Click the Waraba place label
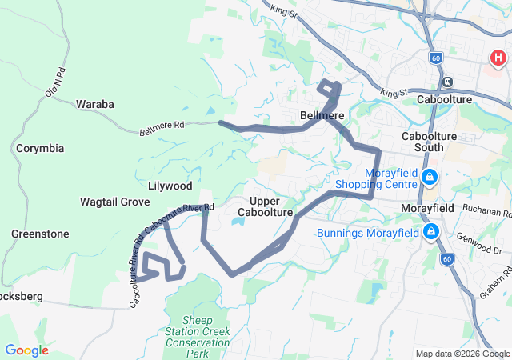tap(94, 104)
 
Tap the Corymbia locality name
tap(40, 149)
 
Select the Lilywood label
tap(170, 186)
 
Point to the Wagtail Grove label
tap(115, 202)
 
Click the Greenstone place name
tap(40, 234)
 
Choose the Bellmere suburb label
tap(322, 116)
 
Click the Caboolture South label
tap(433, 142)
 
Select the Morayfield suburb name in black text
tap(427, 208)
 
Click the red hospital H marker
tap(498, 58)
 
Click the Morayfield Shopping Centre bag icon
tap(430, 176)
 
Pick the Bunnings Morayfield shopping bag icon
tap(431, 233)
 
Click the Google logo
tap(26, 350)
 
